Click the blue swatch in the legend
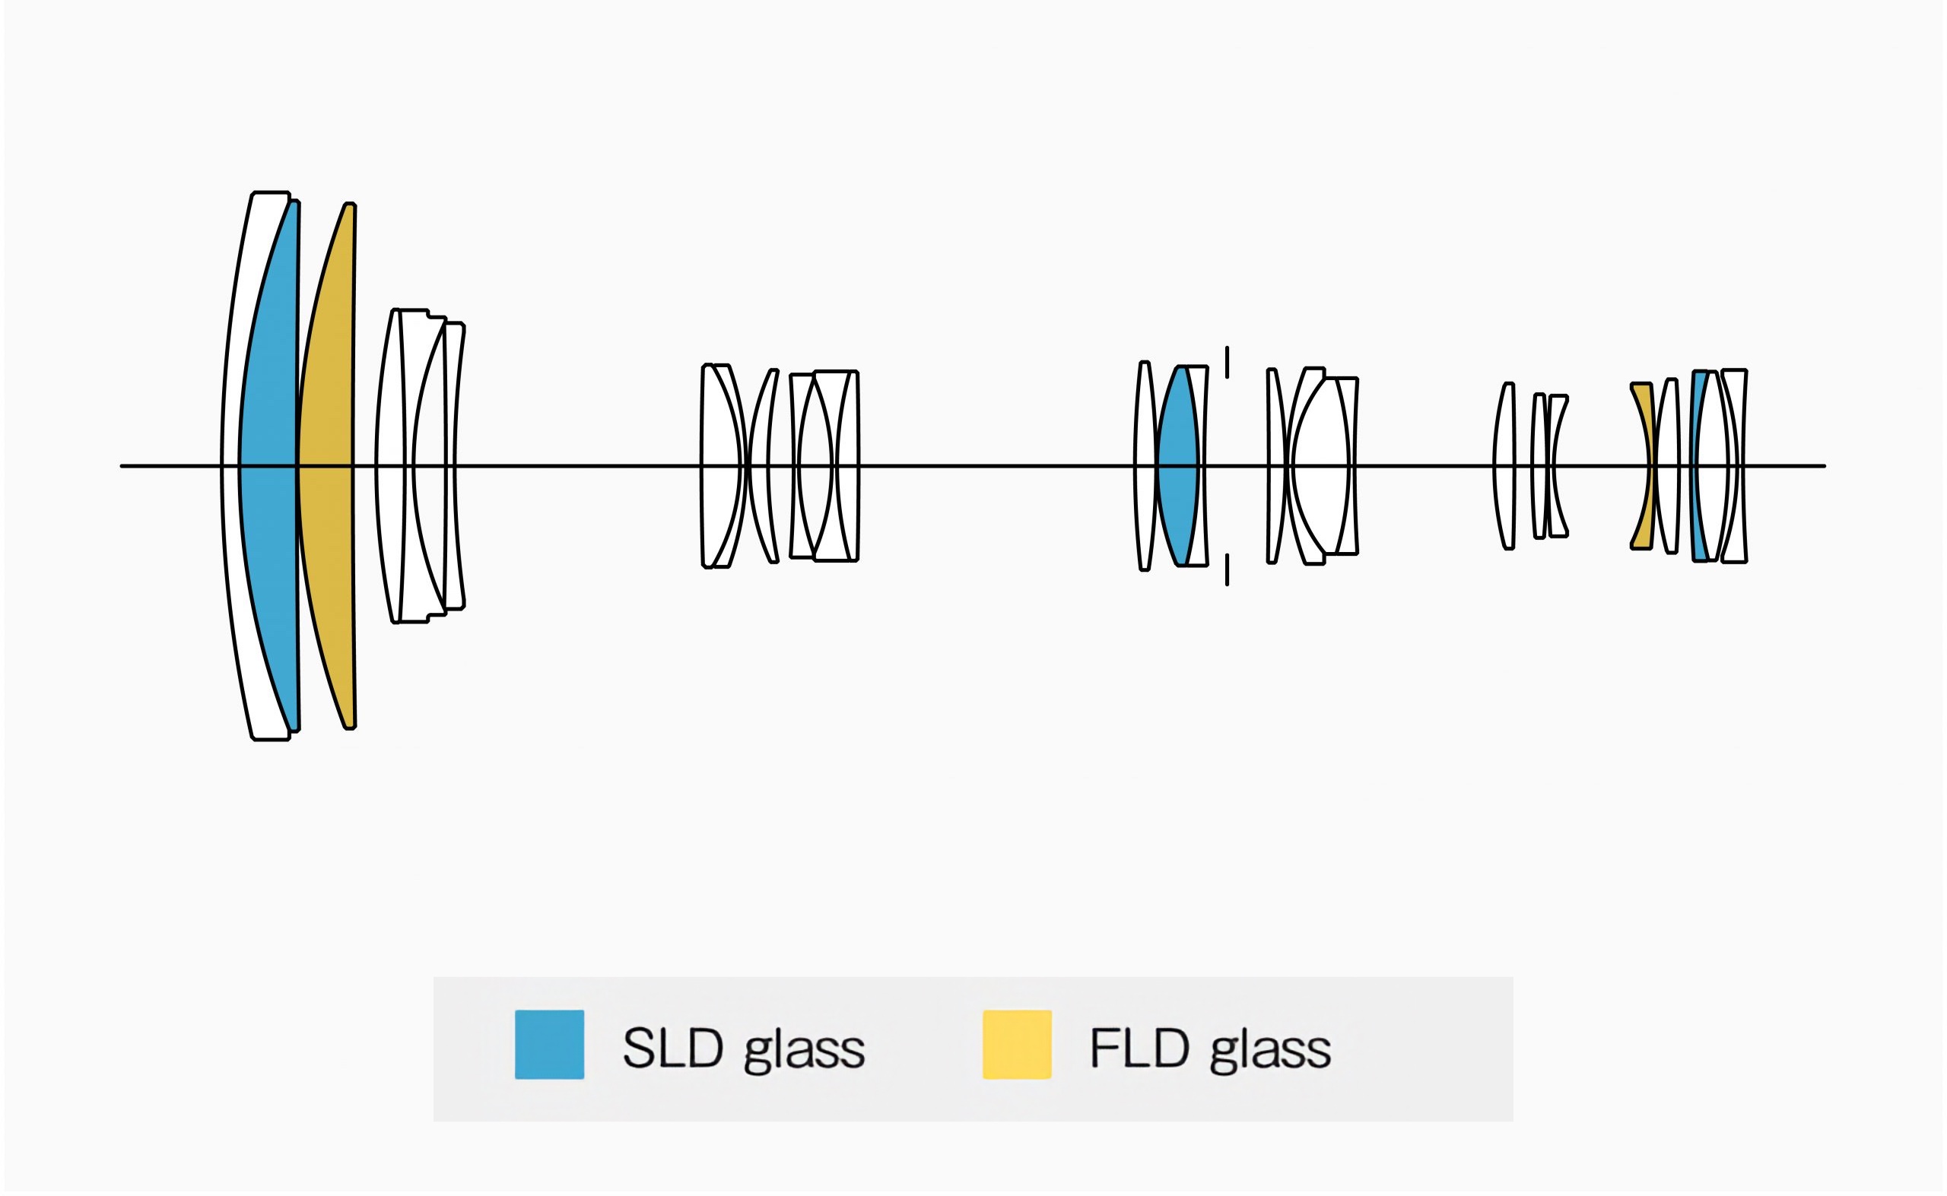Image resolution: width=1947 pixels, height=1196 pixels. pos(550,1045)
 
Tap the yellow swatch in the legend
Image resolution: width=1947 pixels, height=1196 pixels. pos(1018,1045)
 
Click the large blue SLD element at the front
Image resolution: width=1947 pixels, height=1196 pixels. pos(269,467)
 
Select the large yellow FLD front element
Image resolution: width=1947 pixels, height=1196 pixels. pos(326,467)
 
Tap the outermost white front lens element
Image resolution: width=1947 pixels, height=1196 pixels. pos(231,467)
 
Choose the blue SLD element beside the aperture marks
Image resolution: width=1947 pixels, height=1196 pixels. pos(1179,467)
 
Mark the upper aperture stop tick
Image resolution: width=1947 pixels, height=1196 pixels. pos(1228,362)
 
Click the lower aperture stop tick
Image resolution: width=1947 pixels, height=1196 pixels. pos(1228,570)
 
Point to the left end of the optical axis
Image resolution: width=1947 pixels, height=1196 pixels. pos(122,467)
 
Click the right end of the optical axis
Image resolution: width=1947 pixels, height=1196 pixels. pos(1825,467)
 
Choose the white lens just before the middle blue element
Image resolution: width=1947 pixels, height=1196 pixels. pos(1144,467)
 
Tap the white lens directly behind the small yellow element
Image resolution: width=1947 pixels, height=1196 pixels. pos(1666,467)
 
